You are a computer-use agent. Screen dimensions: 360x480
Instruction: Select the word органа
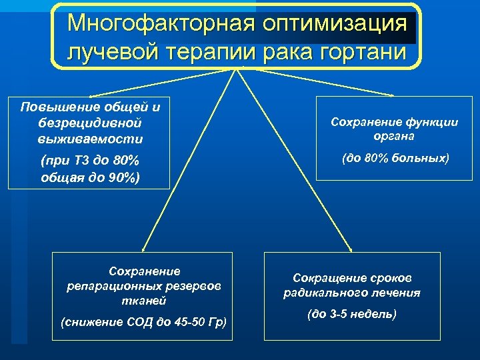(x=395, y=136)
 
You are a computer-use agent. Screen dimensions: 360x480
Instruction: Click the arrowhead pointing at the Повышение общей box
(x=91, y=97)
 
